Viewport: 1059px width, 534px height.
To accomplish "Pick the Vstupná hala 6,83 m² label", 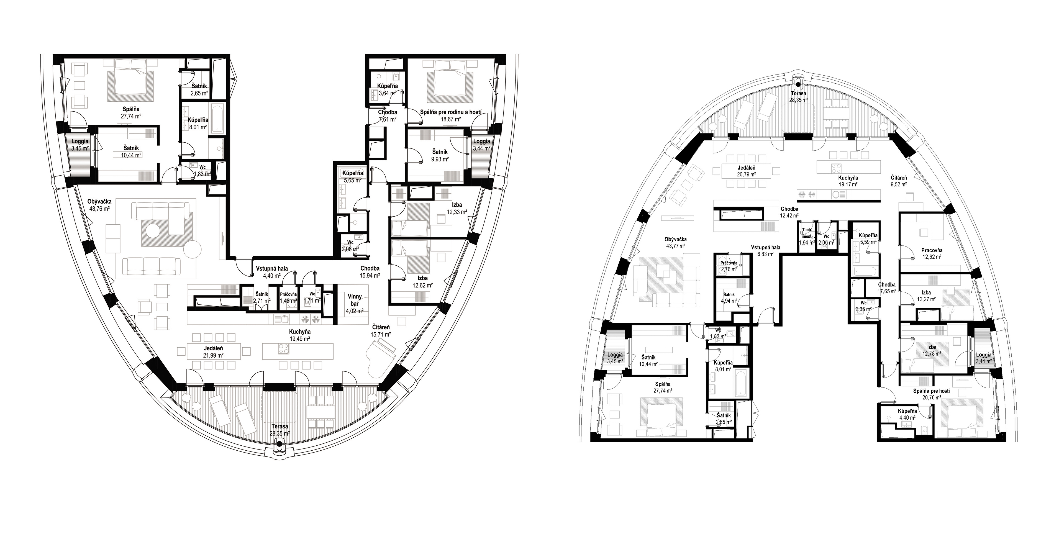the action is [765, 251].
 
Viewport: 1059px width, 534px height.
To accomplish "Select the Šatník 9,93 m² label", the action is [439, 155].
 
